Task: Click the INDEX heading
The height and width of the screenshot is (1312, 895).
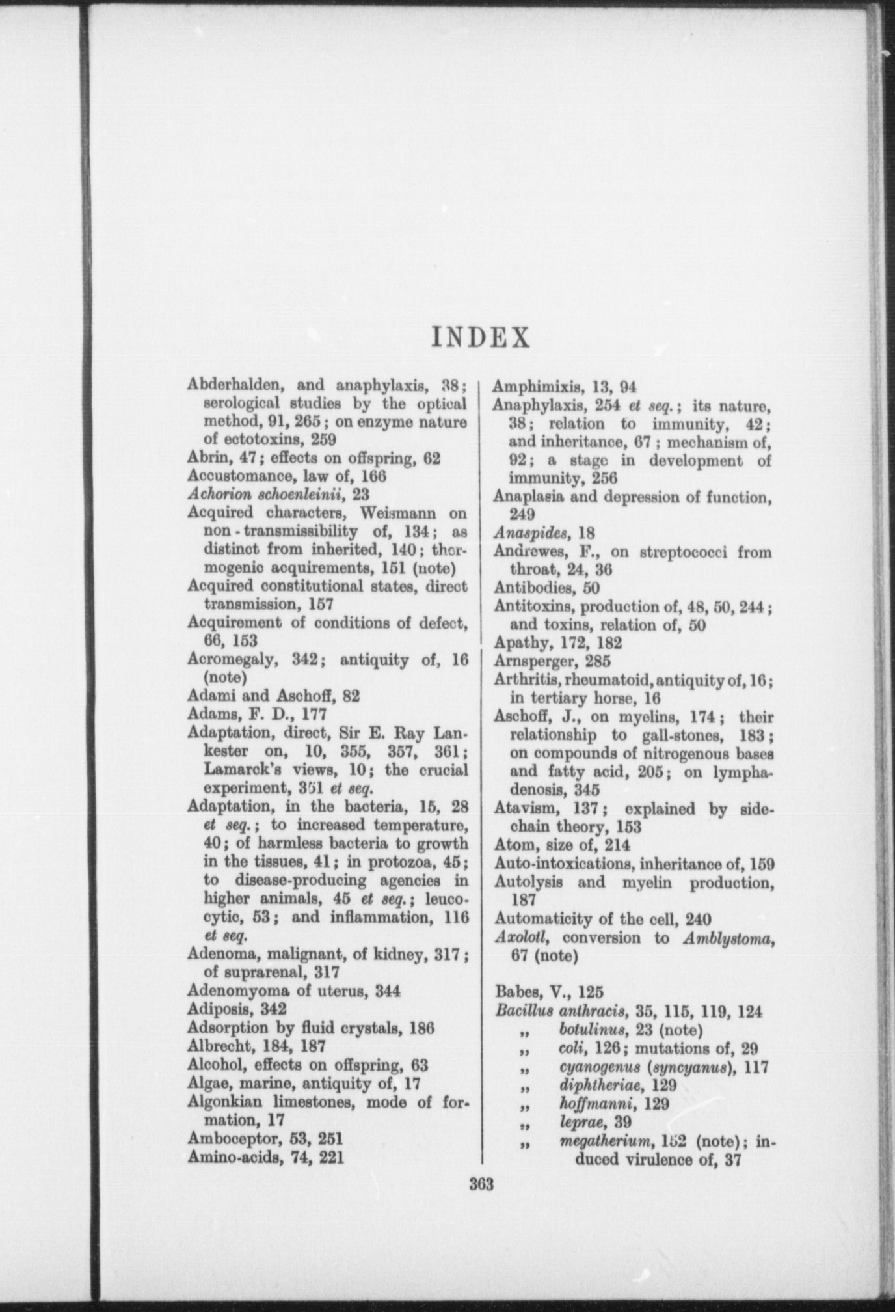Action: [x=481, y=337]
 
